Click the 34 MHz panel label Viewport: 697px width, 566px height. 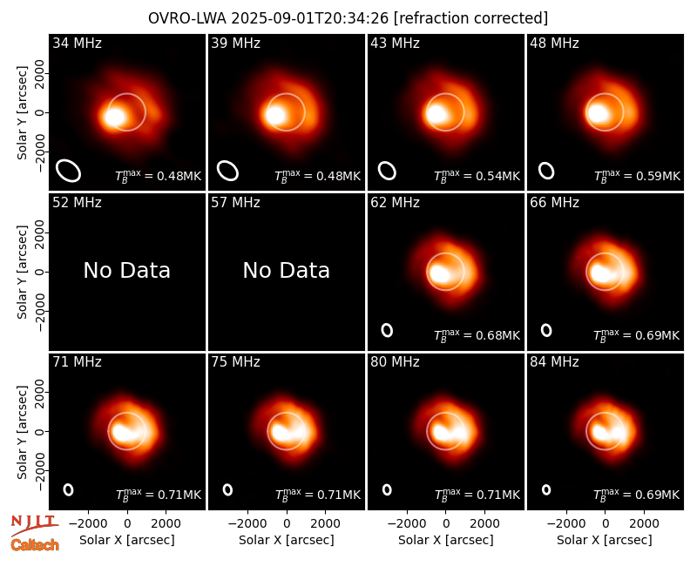77,43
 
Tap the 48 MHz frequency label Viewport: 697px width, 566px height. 554,43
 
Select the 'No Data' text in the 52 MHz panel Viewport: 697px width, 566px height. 126,270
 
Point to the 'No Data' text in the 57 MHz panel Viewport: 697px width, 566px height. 287,270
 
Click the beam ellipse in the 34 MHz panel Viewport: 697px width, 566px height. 58,165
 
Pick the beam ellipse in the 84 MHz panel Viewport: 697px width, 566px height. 543,489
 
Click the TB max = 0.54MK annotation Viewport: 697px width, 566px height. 477,176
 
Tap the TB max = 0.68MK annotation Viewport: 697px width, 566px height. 477,335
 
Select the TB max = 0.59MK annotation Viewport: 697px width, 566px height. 637,176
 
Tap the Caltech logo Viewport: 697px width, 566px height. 35,545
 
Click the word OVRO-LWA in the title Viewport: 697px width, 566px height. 187,18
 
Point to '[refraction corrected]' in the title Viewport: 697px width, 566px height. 470,18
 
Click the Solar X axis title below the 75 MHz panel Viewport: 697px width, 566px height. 287,540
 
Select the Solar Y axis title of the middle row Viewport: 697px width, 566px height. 22,272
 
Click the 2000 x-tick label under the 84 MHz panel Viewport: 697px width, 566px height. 644,523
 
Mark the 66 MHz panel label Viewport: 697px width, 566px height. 554,203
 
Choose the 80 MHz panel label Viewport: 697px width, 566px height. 395,361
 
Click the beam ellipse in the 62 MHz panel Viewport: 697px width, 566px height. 383,330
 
